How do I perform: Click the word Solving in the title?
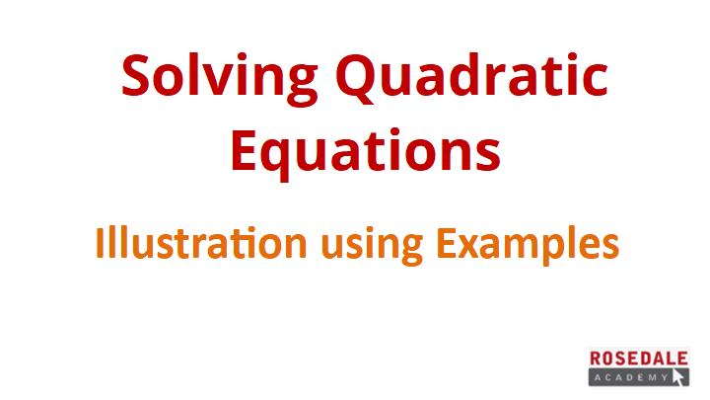[x=220, y=78]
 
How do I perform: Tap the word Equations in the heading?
[x=366, y=152]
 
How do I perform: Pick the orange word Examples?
[x=528, y=245]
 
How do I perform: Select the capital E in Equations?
[x=245, y=149]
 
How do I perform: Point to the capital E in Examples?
[x=446, y=243]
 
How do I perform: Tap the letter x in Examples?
[x=470, y=247]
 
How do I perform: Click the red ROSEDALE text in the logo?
[x=638, y=359]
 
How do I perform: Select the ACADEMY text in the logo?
[x=631, y=377]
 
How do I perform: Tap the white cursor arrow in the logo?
[x=678, y=377]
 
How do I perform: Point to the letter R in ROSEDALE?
[x=596, y=359]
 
